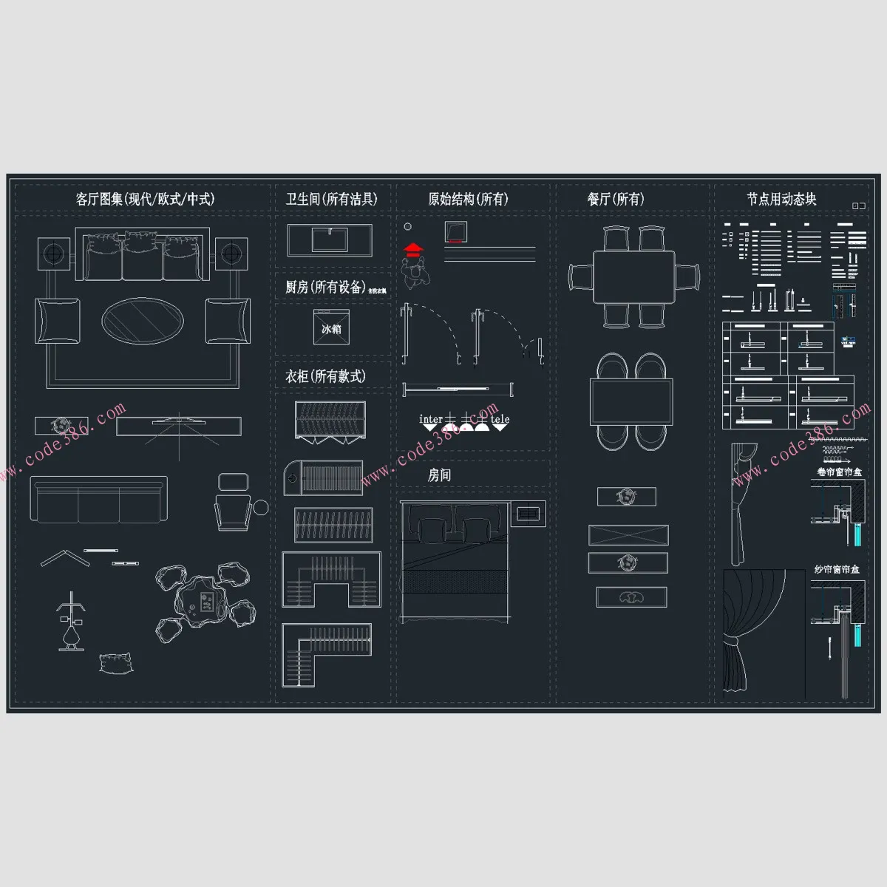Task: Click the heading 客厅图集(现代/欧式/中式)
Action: pyautogui.click(x=145, y=199)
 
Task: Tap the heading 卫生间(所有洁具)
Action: pyautogui.click(x=332, y=199)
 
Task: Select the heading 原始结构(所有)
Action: pyautogui.click(x=468, y=199)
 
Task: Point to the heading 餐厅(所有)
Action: pyautogui.click(x=616, y=199)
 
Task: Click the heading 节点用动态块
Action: pyautogui.click(x=781, y=199)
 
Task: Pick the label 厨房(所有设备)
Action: pyautogui.click(x=325, y=287)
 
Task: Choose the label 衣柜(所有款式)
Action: pyautogui.click(x=325, y=376)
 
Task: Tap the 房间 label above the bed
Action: pyautogui.click(x=439, y=475)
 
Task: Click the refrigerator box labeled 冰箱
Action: pyautogui.click(x=331, y=329)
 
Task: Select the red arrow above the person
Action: pyautogui.click(x=415, y=248)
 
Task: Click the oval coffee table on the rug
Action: pyautogui.click(x=142, y=321)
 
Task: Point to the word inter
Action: pyautogui.click(x=431, y=419)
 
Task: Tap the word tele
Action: pyautogui.click(x=500, y=419)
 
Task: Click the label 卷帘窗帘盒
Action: pyautogui.click(x=839, y=472)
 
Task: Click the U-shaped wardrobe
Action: pyautogui.click(x=331, y=579)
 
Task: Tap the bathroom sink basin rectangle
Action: pyautogui.click(x=330, y=240)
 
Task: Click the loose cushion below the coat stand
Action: pyautogui.click(x=116, y=663)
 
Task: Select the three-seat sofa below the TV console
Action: pyautogui.click(x=99, y=500)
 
